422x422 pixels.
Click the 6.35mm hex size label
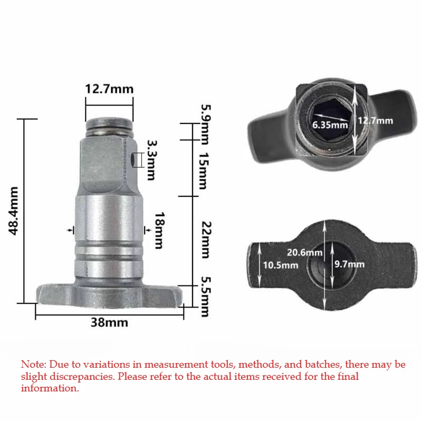tap(330, 125)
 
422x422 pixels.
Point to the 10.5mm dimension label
tap(281, 265)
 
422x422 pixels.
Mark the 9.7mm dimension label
tap(348, 264)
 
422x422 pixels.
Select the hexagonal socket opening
tap(330, 121)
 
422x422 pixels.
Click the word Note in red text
tap(33, 365)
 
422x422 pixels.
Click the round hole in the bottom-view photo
tap(319, 262)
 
